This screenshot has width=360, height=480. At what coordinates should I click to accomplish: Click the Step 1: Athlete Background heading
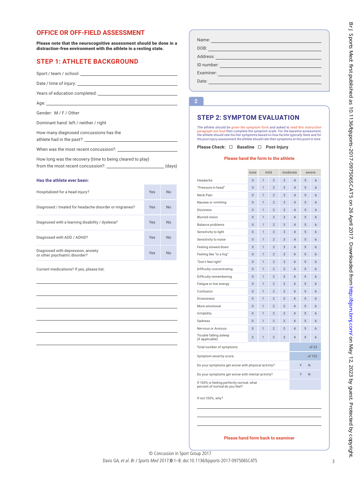(x=87, y=61)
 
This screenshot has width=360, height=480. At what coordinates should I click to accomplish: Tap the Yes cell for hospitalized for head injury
(x=152, y=192)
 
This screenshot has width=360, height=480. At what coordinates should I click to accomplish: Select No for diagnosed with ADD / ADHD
(x=169, y=238)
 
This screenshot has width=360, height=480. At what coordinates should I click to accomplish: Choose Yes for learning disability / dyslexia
(x=152, y=222)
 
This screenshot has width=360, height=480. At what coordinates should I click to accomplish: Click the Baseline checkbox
(x=231, y=147)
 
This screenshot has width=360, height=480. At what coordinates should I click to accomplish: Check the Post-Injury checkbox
(x=260, y=147)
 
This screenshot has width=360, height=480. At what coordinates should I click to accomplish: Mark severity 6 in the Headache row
(x=316, y=180)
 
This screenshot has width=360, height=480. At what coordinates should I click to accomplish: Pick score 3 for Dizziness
(x=284, y=210)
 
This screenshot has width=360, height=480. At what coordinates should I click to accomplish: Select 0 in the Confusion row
(x=253, y=291)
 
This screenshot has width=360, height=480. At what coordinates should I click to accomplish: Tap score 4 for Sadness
(x=295, y=321)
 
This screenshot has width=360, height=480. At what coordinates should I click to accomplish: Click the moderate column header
(x=290, y=172)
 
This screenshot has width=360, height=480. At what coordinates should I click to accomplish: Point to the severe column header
(x=310, y=172)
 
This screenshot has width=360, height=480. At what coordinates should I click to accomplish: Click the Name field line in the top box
(x=266, y=40)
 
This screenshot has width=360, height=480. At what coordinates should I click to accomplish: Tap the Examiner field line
(x=269, y=73)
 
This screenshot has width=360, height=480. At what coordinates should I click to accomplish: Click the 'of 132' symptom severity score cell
(x=305, y=356)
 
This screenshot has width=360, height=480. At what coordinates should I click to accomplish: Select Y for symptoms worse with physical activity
(x=301, y=365)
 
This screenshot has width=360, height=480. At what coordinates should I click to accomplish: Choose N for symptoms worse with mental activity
(x=309, y=374)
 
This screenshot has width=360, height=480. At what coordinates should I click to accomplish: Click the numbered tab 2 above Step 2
(x=196, y=101)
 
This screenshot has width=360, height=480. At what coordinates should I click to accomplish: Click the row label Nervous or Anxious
(x=212, y=328)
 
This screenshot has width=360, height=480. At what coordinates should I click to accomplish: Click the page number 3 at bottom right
(x=333, y=461)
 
